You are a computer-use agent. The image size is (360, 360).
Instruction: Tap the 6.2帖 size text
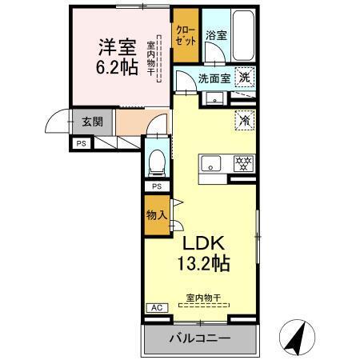pos(117,67)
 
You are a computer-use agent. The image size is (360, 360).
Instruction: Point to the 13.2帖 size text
pos(203,264)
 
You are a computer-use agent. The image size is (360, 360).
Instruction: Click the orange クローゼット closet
pos(186,36)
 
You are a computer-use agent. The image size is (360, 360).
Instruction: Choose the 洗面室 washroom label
pos(214,78)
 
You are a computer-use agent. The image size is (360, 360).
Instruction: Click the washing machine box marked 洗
pos(246,78)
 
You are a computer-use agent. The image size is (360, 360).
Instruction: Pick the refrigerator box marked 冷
pos(245,119)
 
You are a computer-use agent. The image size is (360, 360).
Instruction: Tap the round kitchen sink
pos(213,164)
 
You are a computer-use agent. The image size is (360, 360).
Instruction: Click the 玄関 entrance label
pos(92,122)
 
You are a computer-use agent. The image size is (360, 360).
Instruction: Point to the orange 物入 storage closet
pos(157,215)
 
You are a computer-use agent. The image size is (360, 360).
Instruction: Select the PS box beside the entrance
pos(81,143)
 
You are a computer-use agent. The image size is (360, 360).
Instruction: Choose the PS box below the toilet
pos(158,186)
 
